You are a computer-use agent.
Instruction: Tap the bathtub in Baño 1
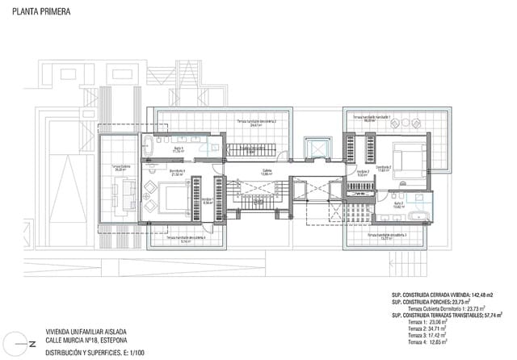(x=149, y=147)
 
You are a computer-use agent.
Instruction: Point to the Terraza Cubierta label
(x=121, y=169)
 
